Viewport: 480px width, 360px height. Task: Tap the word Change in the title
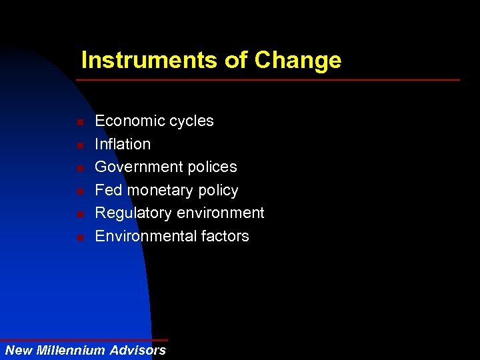click(297, 61)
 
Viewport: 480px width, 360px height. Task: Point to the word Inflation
click(123, 144)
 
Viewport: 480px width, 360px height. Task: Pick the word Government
click(137, 167)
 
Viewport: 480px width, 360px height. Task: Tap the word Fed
click(109, 190)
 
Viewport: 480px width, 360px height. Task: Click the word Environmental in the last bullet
click(143, 236)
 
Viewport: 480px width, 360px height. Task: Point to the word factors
click(223, 236)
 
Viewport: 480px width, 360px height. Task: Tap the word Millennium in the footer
click(71, 350)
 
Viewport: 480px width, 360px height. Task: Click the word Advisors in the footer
click(138, 350)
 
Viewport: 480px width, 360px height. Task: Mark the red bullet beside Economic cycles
click(79, 123)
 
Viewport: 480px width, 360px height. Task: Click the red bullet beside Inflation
click(79, 145)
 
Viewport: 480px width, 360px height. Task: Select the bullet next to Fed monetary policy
click(79, 192)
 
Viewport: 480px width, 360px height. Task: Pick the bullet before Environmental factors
click(79, 238)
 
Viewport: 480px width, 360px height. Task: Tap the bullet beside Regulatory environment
click(79, 215)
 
